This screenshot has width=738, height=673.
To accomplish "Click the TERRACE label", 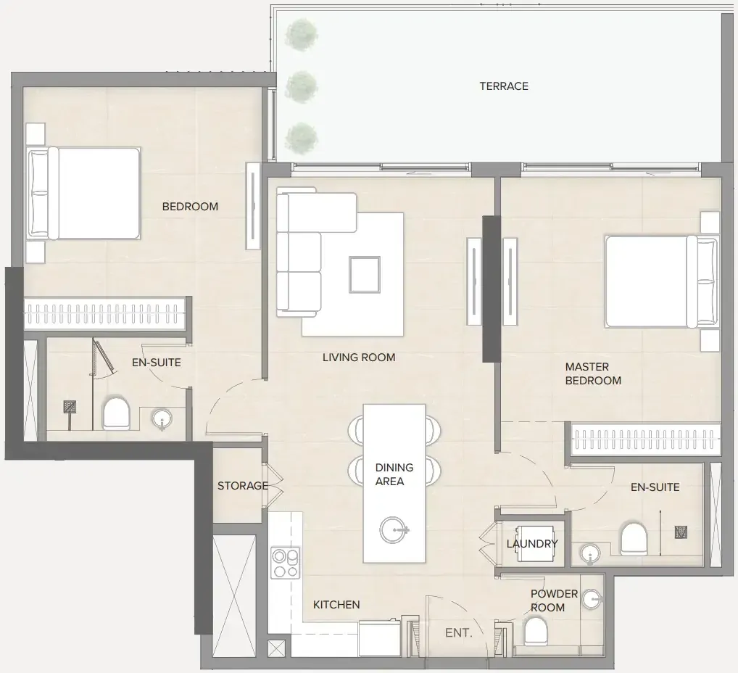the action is tap(504, 86).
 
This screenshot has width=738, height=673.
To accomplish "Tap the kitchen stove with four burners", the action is tap(285, 563).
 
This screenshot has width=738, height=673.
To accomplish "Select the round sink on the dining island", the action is tap(394, 530).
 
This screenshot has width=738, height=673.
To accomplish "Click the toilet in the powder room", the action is tap(536, 631).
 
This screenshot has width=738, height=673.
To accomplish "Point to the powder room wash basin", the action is tap(592, 599).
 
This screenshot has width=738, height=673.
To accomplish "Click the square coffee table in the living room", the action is tap(365, 275).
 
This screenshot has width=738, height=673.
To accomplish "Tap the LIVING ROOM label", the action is tap(359, 358).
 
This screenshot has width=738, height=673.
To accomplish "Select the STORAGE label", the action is tap(242, 486).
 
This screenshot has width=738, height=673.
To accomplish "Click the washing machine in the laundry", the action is tap(535, 543).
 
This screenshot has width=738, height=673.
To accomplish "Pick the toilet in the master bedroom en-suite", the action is tap(634, 539).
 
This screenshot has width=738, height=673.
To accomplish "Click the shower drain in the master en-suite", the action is tap(681, 532).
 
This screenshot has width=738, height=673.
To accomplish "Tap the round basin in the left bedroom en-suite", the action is tap(162, 418).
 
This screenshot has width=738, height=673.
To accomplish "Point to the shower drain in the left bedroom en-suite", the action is tap(70, 407).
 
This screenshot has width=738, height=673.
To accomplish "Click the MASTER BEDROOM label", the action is tap(592, 373).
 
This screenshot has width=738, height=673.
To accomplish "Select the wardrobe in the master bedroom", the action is tap(646, 439).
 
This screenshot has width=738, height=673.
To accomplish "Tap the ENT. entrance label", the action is tap(458, 633).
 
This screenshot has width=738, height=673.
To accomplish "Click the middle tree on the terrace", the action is tap(301, 87).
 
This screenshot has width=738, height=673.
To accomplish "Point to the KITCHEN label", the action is tap(336, 605).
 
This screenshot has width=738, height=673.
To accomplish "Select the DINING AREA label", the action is tap(394, 474).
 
